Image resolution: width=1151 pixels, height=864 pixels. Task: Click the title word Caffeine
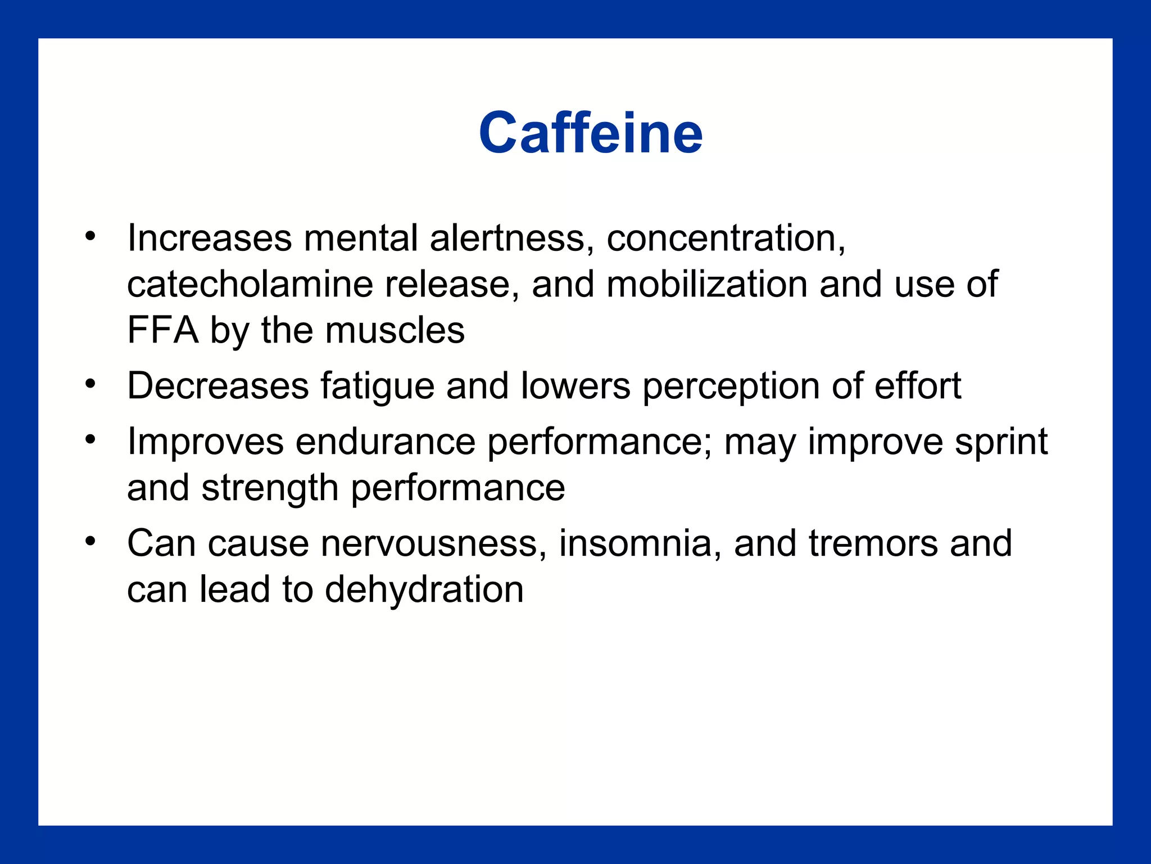tap(591, 133)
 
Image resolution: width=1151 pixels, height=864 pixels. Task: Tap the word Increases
tap(210, 238)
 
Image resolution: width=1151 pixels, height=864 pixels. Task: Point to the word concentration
tap(725, 238)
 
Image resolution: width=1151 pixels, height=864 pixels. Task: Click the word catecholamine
tap(250, 284)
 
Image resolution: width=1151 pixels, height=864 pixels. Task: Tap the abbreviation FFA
tap(162, 330)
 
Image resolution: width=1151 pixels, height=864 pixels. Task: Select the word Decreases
tap(218, 386)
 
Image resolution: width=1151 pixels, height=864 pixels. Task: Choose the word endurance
tap(386, 442)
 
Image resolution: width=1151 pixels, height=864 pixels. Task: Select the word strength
tap(270, 488)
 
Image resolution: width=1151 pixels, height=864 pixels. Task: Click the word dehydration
tap(424, 590)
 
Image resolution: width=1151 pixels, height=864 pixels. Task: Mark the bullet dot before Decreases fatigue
tap(90, 384)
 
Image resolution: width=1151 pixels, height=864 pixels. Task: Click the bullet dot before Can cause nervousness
tap(90, 541)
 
